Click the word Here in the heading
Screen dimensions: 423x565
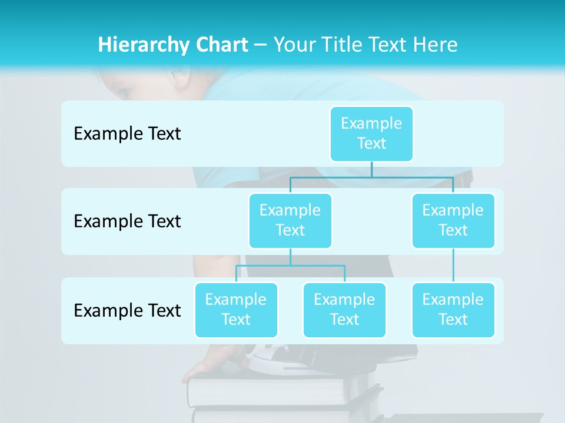[x=435, y=45]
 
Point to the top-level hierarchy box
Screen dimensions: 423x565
[x=371, y=133]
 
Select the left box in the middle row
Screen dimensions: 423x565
[x=290, y=220]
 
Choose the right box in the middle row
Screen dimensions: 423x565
[x=453, y=220]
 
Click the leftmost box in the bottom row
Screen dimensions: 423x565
[x=236, y=310]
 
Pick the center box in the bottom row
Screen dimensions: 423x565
[x=344, y=310]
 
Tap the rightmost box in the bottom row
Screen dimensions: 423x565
[x=453, y=310]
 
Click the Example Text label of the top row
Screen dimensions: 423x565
[x=127, y=134]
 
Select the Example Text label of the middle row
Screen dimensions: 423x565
[x=127, y=221]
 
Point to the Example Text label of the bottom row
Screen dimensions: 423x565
[x=127, y=310]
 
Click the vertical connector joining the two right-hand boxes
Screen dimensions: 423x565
[x=453, y=266]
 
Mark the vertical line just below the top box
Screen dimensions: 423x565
[x=371, y=169]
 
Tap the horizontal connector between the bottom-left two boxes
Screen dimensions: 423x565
[x=290, y=266]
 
